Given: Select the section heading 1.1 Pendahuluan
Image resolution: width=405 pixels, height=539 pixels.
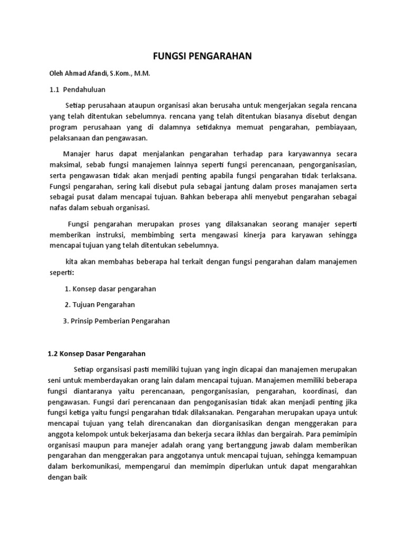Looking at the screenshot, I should coord(78,91).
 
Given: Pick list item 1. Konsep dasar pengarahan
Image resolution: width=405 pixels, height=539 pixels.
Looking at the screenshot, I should coord(110,289).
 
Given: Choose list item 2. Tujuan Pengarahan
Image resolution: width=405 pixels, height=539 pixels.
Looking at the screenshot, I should coord(100,304).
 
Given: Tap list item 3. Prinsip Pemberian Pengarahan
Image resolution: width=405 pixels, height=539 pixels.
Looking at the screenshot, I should coord(117,320).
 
